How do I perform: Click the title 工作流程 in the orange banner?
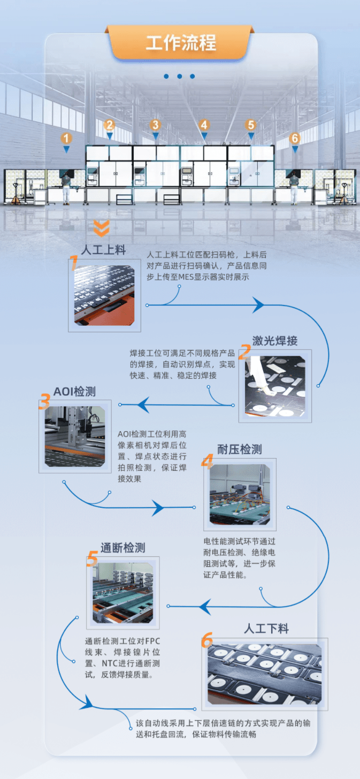click(x=181, y=43)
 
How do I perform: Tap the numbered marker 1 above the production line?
click(x=66, y=138)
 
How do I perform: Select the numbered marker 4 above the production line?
click(x=203, y=125)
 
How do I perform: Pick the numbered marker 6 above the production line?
click(x=295, y=138)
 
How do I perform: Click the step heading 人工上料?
click(x=103, y=250)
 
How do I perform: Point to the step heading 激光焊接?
click(x=275, y=341)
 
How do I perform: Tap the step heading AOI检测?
click(x=74, y=391)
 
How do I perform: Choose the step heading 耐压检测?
click(x=240, y=449)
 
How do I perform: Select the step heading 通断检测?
click(x=122, y=547)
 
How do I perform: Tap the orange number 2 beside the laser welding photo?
click(x=244, y=352)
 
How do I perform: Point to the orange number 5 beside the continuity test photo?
click(x=91, y=560)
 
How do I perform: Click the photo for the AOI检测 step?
click(x=75, y=436)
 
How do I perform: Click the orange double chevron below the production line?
click(x=101, y=228)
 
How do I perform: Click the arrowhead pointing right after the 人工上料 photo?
click(x=258, y=305)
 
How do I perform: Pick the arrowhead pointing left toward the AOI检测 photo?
click(x=143, y=404)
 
